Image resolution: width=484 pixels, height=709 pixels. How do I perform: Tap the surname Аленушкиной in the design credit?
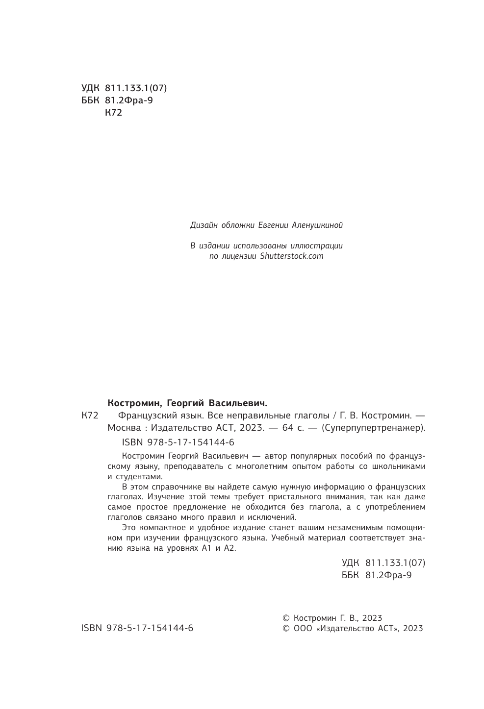coord(317,225)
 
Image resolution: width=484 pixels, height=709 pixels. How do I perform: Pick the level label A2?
coord(229,549)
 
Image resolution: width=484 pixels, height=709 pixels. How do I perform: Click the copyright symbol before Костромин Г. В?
coord(287,618)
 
